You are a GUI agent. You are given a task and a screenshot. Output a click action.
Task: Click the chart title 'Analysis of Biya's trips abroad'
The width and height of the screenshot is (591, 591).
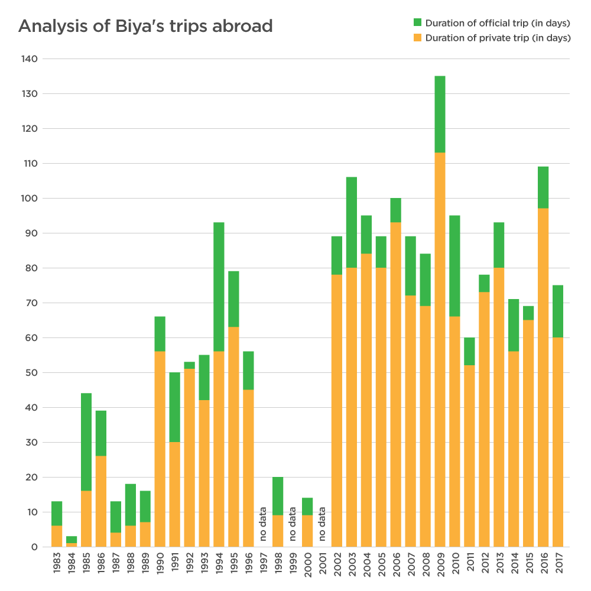[145, 27]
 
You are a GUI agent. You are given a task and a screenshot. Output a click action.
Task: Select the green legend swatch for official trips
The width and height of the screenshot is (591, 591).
[417, 23]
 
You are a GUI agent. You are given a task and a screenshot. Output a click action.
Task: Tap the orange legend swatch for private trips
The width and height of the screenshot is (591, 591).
[417, 38]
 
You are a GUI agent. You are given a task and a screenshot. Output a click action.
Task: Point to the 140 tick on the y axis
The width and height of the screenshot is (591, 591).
[30, 59]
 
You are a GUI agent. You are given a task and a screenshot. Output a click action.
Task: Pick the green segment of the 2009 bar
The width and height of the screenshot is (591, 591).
[440, 114]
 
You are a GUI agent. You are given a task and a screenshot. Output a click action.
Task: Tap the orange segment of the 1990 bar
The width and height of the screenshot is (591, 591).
[160, 449]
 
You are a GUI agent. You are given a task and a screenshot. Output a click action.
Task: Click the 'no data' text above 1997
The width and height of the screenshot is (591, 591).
[263, 524]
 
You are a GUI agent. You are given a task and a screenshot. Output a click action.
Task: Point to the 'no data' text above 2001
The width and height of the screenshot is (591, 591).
[322, 524]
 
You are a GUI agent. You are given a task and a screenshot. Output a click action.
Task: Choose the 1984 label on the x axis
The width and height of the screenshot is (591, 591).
[72, 565]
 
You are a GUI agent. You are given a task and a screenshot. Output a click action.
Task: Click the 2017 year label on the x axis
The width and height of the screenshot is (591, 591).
[558, 565]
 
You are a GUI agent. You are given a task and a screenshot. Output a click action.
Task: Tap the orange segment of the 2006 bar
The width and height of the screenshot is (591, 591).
[395, 384]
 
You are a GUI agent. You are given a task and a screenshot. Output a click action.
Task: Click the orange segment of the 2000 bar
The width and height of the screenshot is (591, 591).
[307, 531]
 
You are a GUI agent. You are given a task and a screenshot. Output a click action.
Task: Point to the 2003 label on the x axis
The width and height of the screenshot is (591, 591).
[352, 565]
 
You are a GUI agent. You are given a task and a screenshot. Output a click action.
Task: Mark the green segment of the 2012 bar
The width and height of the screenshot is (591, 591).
[484, 283]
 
